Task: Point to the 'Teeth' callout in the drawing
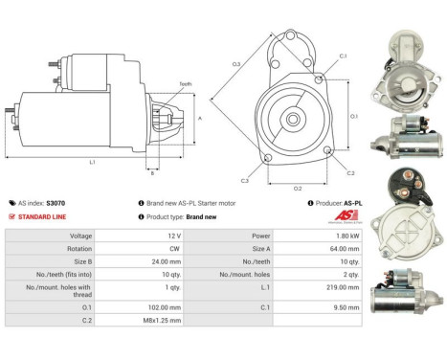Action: [186, 84]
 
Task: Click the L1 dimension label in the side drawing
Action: [92, 162]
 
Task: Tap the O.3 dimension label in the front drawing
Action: [235, 64]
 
